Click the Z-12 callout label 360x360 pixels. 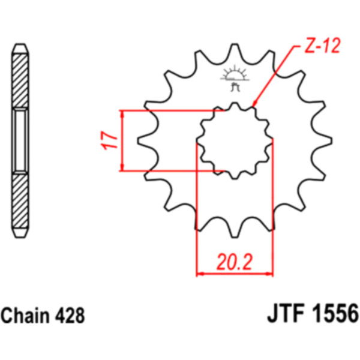pos(322,46)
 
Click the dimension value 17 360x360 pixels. pos(109,140)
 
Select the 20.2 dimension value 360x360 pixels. pos(235,262)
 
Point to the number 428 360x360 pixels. pos(70,316)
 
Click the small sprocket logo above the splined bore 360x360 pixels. pos(235,79)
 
